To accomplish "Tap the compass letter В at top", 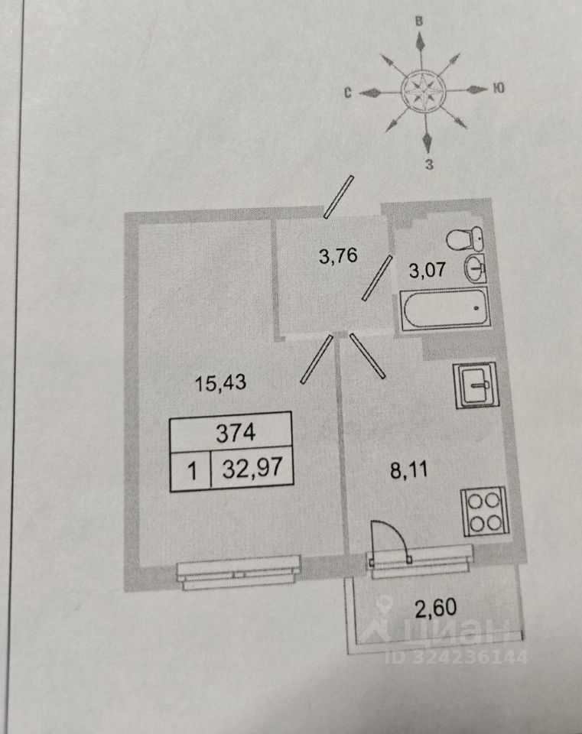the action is (x=419, y=21).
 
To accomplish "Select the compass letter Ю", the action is (x=498, y=88).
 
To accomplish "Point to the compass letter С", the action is (x=346, y=93).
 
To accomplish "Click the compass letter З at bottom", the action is (x=429, y=164).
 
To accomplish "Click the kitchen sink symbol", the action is (x=475, y=385).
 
